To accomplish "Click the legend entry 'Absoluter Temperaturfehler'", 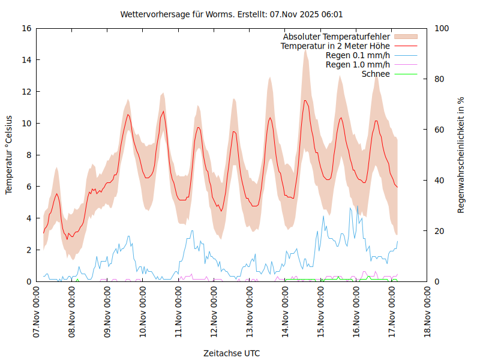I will pyautogui.click(x=336, y=36).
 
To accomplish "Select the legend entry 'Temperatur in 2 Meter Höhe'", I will pyautogui.click(x=335, y=46).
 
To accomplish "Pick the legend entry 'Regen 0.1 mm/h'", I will pyautogui.click(x=358, y=55).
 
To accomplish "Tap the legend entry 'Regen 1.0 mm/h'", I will pyautogui.click(x=358, y=65).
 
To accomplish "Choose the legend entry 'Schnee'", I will pyautogui.click(x=376, y=74).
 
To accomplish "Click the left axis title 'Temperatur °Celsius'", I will pyautogui.click(x=9, y=154).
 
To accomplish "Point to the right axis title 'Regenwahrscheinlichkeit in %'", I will pyautogui.click(x=461, y=155).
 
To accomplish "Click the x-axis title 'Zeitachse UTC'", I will pyautogui.click(x=232, y=353).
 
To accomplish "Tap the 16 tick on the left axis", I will pyautogui.click(x=26, y=28).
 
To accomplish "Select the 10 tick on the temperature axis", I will pyautogui.click(x=26, y=123).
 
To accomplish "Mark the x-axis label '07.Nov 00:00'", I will pyautogui.click(x=37, y=312).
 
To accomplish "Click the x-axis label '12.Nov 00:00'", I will pyautogui.click(x=215, y=312).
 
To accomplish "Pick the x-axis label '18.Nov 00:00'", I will pyautogui.click(x=428, y=312).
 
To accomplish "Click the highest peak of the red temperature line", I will pyautogui.click(x=305, y=100).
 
